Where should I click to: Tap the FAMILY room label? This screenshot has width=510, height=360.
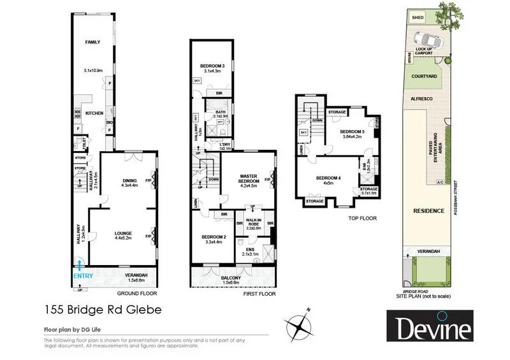tap(94, 43)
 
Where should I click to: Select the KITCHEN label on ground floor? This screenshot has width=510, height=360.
tap(94, 113)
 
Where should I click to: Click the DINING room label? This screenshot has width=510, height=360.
tap(130, 180)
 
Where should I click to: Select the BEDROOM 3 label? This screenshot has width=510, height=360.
tap(210, 66)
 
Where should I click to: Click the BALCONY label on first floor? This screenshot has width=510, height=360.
tap(231, 278)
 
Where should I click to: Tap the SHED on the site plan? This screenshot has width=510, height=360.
tap(418, 18)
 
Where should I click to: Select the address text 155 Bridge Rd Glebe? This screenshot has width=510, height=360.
tap(98, 310)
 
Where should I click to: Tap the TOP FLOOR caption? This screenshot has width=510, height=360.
tap(363, 218)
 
